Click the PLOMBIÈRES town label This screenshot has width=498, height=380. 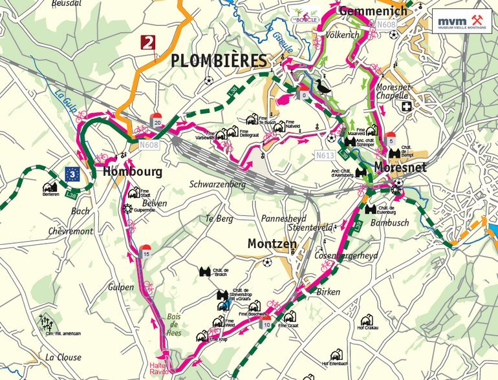(219, 61)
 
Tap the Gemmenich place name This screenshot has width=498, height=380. (373, 10)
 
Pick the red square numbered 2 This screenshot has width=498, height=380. (149, 43)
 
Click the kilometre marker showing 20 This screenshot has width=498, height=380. (157, 121)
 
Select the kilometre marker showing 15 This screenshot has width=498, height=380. (146, 252)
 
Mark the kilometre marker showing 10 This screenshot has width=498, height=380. (266, 322)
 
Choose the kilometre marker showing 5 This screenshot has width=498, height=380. (391, 138)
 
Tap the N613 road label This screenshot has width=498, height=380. (326, 156)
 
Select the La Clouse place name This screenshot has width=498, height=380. (63, 357)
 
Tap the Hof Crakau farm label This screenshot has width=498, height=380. (367, 328)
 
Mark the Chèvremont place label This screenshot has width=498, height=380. (70, 231)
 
